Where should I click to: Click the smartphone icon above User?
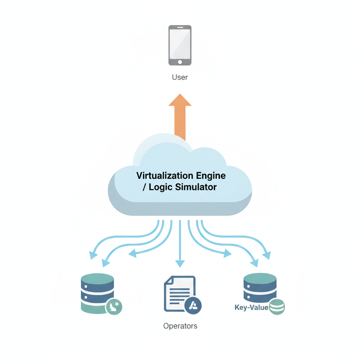180,45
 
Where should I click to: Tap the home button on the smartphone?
180,62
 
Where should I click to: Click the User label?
180,77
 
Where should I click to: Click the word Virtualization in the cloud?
165,175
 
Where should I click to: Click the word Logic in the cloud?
161,187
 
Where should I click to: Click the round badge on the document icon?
193,305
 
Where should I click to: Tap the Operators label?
180,326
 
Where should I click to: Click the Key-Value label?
251,308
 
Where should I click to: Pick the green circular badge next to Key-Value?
276,307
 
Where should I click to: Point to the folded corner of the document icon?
168,280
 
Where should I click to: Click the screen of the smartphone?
180,43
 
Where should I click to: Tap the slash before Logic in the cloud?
144,187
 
